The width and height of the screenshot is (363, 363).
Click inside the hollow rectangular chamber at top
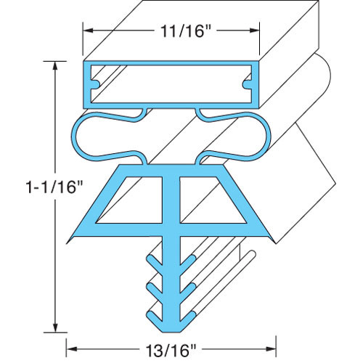pyautogui.click(x=171, y=83)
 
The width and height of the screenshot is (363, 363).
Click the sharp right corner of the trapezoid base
pyautogui.click(x=274, y=240)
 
